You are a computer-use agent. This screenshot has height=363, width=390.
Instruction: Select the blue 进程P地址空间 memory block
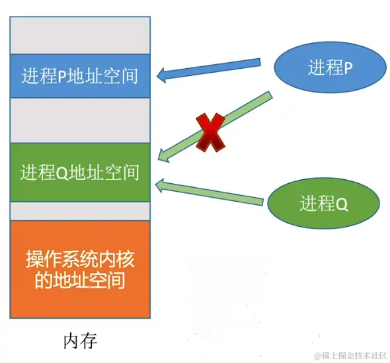coord(79,75)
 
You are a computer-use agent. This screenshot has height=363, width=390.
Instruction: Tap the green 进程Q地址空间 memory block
coord(79,173)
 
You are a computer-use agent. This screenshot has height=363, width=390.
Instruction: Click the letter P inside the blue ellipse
coord(348,67)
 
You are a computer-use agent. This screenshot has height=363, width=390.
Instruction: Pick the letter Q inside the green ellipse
coord(342,204)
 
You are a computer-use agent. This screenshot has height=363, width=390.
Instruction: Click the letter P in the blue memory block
coord(63,75)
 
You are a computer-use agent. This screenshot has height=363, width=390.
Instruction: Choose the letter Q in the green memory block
coord(63,173)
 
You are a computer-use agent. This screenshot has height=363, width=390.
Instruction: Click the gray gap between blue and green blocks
coord(79,121)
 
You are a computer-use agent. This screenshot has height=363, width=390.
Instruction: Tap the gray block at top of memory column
coord(79,34)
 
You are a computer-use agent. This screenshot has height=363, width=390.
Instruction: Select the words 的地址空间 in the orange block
coord(79,282)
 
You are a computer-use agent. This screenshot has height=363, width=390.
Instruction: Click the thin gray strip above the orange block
coord(79,211)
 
